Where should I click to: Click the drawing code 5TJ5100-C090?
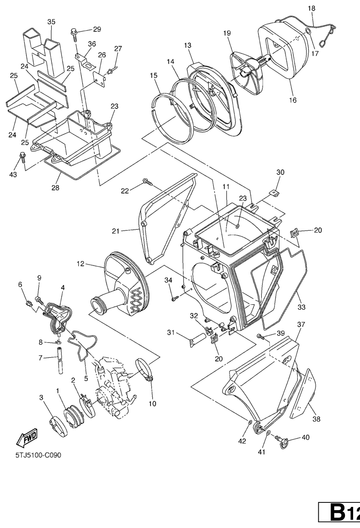(x=38, y=455)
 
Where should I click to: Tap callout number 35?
(x=51, y=22)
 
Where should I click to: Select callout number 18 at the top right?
(x=312, y=8)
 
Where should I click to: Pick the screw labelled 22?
(x=148, y=182)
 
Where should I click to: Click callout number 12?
(x=81, y=264)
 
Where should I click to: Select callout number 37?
(x=301, y=324)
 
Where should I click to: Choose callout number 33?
(x=301, y=307)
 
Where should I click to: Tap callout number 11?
(x=226, y=186)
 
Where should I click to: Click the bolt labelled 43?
(x=22, y=157)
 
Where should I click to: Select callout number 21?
(x=116, y=231)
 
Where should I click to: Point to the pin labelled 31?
(x=198, y=339)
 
